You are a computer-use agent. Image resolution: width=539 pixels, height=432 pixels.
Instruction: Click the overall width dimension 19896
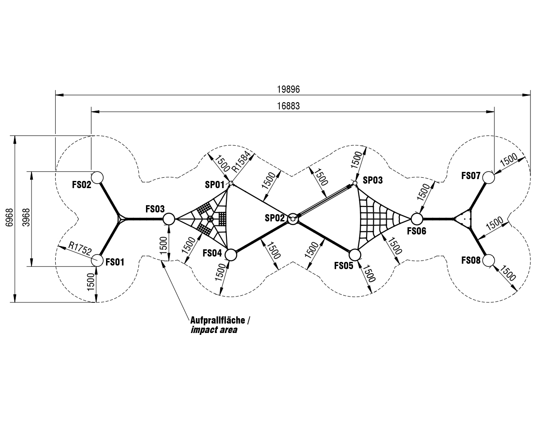point(288,89)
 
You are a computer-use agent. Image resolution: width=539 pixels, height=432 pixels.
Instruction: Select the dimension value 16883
point(288,106)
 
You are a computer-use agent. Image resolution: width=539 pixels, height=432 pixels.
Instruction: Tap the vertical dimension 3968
point(25,219)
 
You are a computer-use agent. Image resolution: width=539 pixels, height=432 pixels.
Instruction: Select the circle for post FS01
point(97,260)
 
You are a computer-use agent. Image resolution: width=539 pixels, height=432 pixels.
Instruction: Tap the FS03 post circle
point(168,219)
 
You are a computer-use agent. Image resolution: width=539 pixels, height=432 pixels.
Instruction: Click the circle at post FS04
point(230,255)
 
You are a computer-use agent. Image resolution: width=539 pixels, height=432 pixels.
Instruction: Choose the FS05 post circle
point(354,255)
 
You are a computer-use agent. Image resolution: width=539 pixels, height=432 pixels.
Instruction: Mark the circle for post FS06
point(416,219)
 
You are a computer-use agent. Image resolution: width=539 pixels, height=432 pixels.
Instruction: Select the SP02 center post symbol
point(292,219)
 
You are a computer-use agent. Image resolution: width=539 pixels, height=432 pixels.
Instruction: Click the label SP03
point(373,180)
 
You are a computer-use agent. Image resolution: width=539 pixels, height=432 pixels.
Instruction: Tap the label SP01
point(214,184)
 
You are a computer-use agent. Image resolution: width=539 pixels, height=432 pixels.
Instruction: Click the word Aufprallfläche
point(218,320)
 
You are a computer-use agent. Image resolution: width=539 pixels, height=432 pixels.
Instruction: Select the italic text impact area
point(213,330)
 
